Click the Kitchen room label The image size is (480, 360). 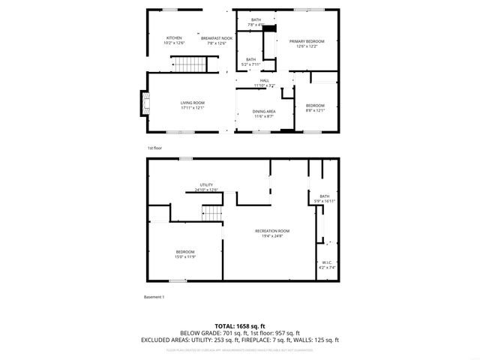tap(174, 40)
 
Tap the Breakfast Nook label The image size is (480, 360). tap(217, 40)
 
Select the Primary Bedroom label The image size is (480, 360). tap(301, 43)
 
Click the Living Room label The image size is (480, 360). tap(192, 106)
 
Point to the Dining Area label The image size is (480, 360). tap(264, 114)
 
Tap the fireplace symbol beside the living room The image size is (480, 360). tap(144, 105)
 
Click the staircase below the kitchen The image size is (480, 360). tap(189, 65)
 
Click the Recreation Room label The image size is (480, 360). tap(272, 233)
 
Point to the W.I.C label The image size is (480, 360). tap(328, 265)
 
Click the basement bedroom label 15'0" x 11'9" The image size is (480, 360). tap(185, 254)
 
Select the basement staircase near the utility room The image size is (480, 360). tap(212, 214)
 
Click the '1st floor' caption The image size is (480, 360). tap(154, 148)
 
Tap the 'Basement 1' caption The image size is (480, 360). tap(154, 298)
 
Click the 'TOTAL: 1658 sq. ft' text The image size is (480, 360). tap(240, 325)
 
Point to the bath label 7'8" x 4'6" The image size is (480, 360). tap(256, 22)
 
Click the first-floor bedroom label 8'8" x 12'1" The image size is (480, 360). tap(315, 108)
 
